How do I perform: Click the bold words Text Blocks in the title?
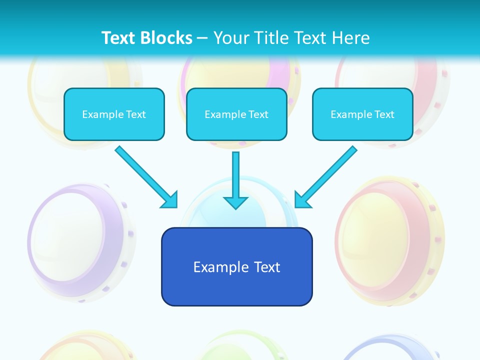point(146,38)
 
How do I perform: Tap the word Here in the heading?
point(352,38)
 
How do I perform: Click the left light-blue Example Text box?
point(114,114)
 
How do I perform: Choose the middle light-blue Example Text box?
point(236,114)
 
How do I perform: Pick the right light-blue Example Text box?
point(362,114)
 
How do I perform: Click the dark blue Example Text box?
point(236,266)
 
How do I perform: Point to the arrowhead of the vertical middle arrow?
point(235,202)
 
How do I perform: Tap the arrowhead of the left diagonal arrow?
point(170,200)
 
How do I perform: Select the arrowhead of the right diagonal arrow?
point(302,199)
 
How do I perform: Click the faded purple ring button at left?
point(80,240)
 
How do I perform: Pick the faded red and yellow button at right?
point(390,240)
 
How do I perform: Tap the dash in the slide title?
point(202,38)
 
